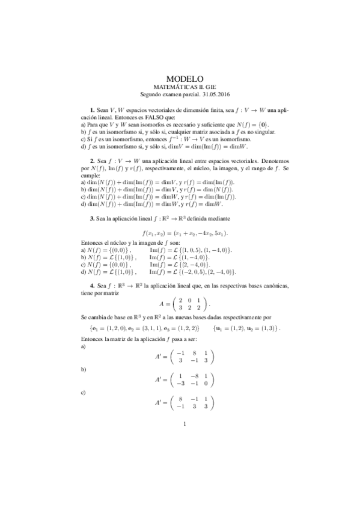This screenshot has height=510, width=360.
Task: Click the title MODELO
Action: [185, 79]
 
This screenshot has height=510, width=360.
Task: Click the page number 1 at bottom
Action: [185, 425]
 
